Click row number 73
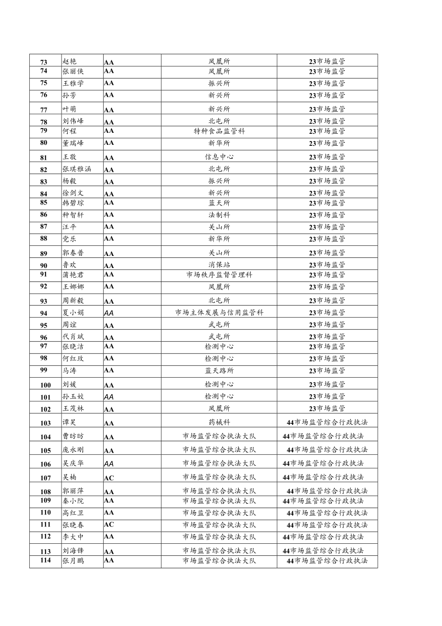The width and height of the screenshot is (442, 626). coord(44,62)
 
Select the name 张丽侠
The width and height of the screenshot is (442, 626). coord(73,71)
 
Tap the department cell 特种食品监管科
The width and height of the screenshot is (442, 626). coord(219,131)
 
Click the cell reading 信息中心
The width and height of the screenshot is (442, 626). coord(219,157)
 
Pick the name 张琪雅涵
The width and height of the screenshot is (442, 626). coord(77,169)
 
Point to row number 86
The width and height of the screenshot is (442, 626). coord(44,215)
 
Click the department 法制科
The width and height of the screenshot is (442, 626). coord(219,215)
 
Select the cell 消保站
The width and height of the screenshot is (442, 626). coord(219,265)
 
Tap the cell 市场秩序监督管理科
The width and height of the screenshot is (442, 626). coord(219,275)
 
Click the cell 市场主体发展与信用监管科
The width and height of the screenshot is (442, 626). coord(219,313)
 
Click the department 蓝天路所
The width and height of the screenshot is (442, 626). coord(219,370)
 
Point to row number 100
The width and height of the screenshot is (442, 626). coord(45,385)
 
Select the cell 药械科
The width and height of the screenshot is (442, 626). coord(219,422)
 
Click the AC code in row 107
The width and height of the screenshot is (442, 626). coord(109,478)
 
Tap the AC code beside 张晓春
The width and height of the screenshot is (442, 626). coord(109,524)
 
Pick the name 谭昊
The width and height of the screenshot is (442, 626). coord(70,423)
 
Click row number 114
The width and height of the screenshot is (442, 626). coord(45,561)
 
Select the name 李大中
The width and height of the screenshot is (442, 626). coord(73,537)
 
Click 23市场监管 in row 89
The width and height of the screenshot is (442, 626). coord(327,253)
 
